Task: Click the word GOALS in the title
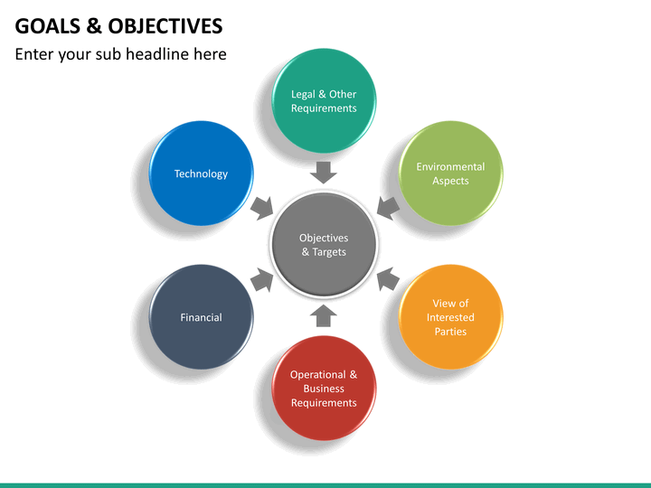point(48,26)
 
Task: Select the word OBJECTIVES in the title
point(165,26)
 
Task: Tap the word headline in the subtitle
point(157,54)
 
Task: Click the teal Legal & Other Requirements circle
point(324,101)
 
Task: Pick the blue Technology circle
point(201,174)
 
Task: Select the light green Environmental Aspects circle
point(450,174)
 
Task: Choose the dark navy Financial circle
point(201,317)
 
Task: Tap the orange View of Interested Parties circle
point(450,317)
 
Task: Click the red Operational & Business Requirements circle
point(324,389)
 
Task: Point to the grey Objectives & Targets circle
point(324,245)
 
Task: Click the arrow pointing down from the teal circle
point(324,173)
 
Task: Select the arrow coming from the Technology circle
point(262,208)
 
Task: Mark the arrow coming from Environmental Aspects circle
point(388,208)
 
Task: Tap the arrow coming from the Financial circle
point(262,279)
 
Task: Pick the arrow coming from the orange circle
point(388,279)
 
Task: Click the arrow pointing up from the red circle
point(324,316)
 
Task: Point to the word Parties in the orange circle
point(450,332)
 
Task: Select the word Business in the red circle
point(324,389)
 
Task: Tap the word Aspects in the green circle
point(450,181)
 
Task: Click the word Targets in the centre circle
point(329,252)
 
